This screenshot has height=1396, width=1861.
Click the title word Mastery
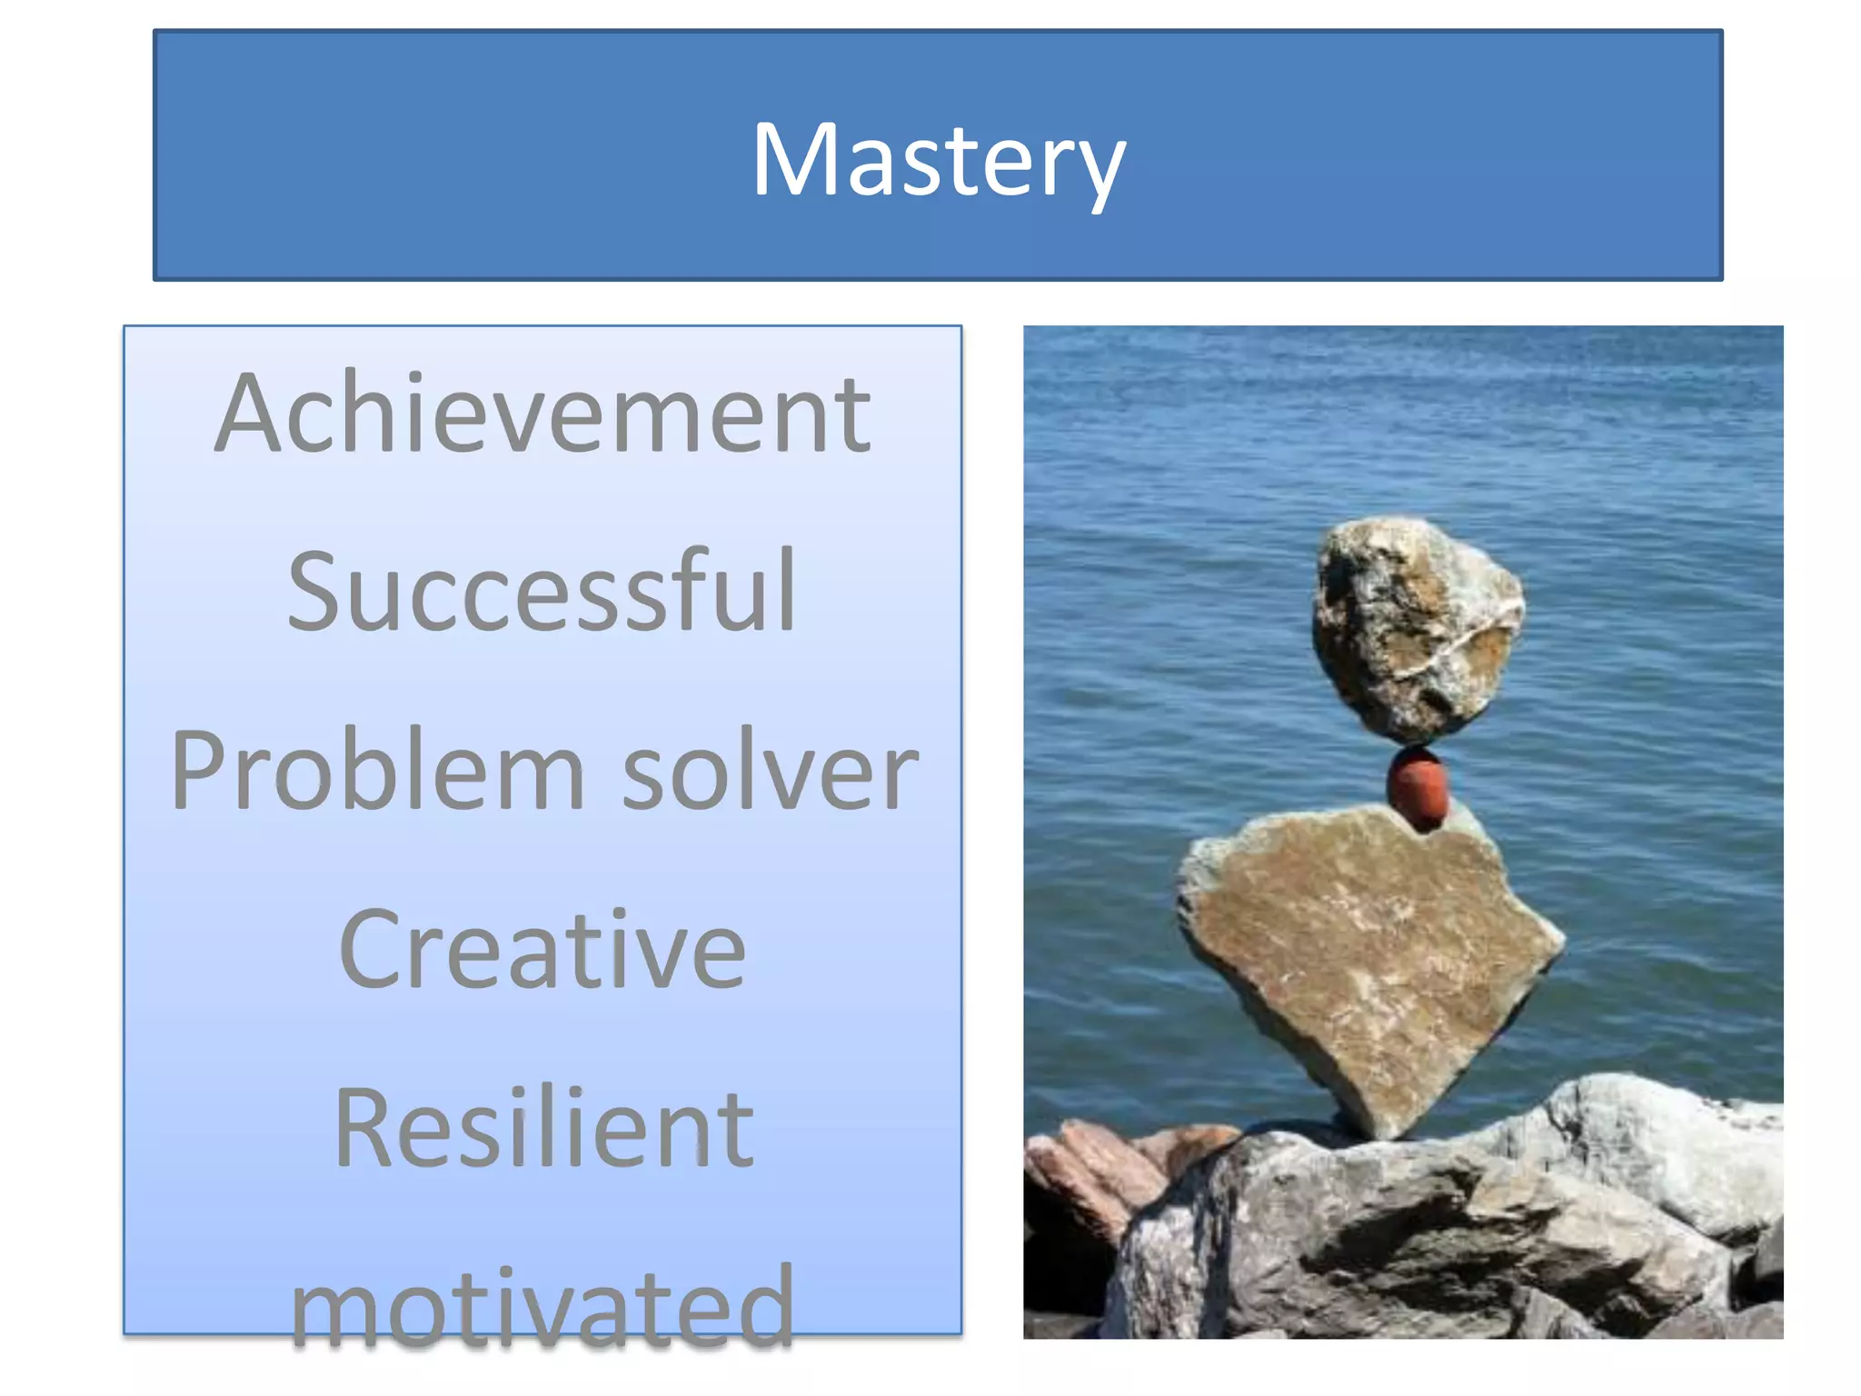click(x=938, y=160)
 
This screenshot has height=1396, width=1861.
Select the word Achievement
click(x=542, y=414)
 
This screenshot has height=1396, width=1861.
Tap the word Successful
click(x=542, y=592)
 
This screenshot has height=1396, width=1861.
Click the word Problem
click(x=377, y=772)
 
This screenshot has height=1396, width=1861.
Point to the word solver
click(x=770, y=772)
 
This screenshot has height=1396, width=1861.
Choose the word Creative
click(x=542, y=950)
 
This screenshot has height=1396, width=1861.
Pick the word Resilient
click(x=543, y=1128)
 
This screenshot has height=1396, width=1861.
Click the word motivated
click(x=542, y=1306)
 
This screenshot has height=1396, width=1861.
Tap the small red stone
click(x=1418, y=786)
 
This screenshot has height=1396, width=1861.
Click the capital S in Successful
click(x=313, y=592)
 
